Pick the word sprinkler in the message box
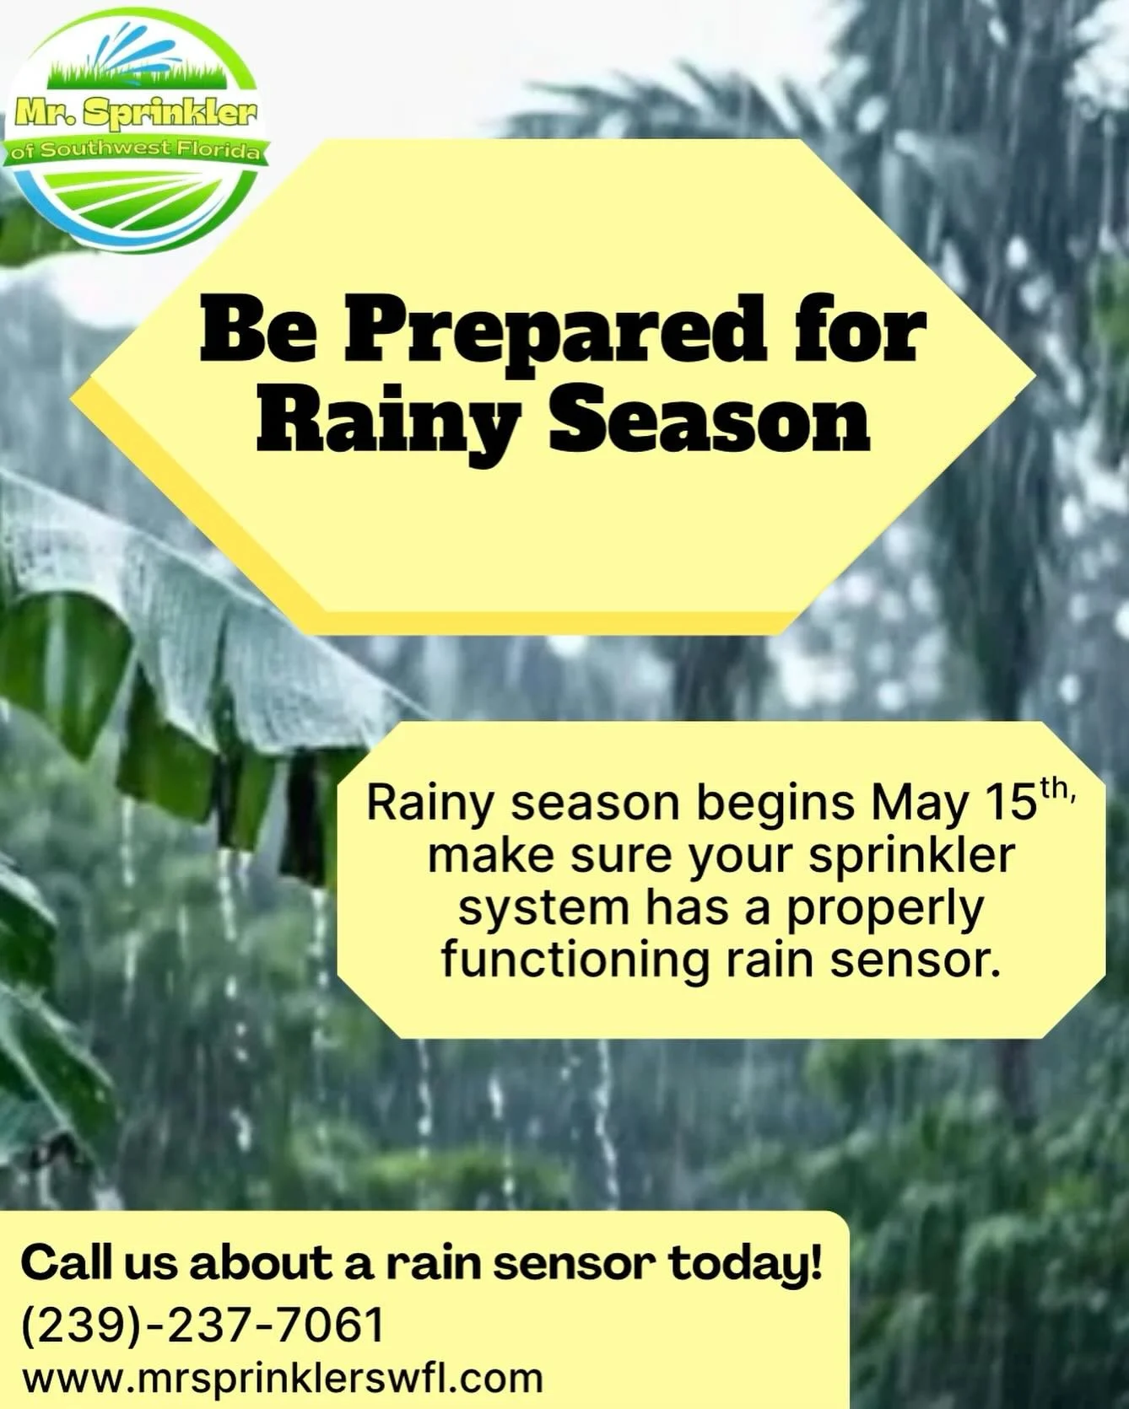(911, 857)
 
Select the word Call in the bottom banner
(64, 1264)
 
